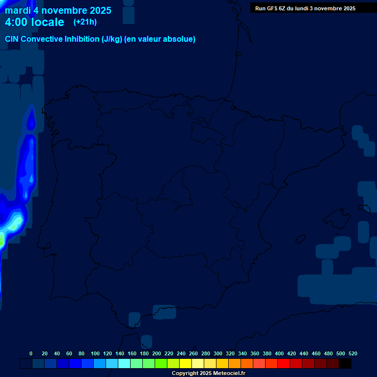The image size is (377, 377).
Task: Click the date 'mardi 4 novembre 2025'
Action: tap(58, 10)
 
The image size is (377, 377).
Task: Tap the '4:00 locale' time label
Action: tap(34, 22)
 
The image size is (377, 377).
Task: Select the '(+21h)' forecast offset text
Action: tap(85, 22)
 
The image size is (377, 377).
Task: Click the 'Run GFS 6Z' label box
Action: tap(305, 8)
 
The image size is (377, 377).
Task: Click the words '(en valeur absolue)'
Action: tap(160, 39)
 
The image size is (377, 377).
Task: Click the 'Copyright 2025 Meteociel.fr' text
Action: tap(208, 373)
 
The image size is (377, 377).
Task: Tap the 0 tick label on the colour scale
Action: tap(31, 353)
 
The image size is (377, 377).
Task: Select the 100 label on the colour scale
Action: tap(95, 353)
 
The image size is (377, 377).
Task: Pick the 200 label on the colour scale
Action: tap(157, 353)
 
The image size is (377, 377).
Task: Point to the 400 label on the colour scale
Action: tap(279, 353)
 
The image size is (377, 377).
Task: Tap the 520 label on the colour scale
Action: tap(352, 353)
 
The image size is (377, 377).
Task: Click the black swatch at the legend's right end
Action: tap(345, 363)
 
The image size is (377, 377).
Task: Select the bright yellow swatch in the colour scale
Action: tap(186, 363)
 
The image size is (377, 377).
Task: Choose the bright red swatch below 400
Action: tap(284, 363)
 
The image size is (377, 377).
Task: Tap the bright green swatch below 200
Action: tap(161, 363)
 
